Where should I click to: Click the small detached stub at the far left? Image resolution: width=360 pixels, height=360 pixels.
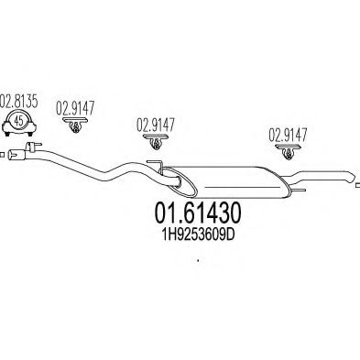pos(4,153)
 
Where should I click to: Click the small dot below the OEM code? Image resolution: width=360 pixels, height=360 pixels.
pos(198,264)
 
